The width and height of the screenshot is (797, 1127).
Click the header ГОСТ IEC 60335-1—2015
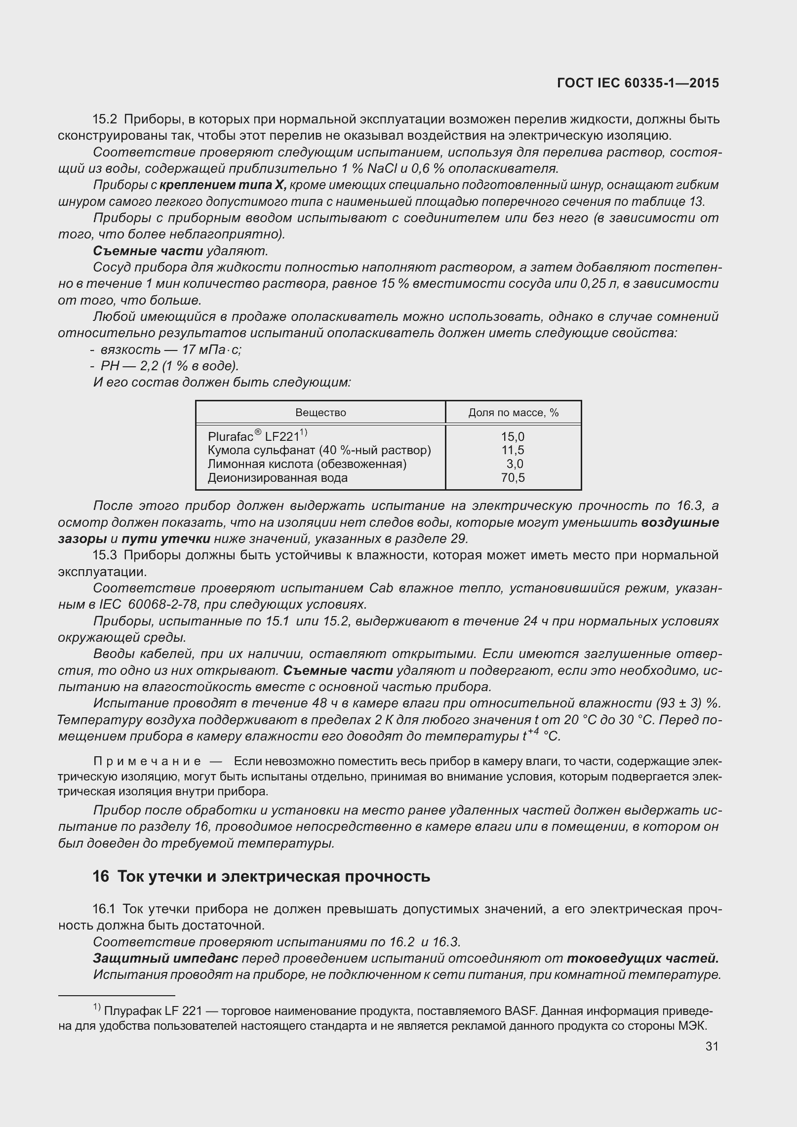(x=638, y=83)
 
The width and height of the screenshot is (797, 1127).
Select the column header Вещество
(x=320, y=413)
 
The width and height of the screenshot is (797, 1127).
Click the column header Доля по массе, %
(x=513, y=413)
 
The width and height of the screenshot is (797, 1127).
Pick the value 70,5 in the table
(x=513, y=477)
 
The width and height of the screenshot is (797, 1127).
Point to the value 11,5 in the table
(x=513, y=450)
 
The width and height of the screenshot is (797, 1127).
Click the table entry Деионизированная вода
(x=278, y=477)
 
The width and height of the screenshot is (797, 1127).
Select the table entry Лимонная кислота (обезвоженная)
(x=307, y=464)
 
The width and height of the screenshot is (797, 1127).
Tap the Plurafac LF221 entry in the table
(x=257, y=436)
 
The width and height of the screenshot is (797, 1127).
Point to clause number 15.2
(x=104, y=119)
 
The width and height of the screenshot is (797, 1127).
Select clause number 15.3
(x=104, y=555)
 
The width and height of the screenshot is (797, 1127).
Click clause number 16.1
(x=104, y=909)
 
